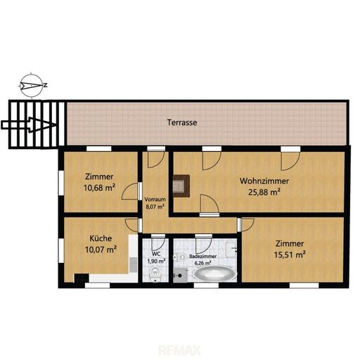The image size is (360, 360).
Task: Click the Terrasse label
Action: [182, 122]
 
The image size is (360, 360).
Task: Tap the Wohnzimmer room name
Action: [264, 181]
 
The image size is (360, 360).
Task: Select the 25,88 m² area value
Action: [264, 192]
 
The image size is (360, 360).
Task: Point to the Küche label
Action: [101, 238]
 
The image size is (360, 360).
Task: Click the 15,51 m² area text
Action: [290, 255]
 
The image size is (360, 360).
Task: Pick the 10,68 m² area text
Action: [99, 188]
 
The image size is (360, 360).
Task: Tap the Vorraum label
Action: [155, 200]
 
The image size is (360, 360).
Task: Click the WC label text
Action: [156, 254]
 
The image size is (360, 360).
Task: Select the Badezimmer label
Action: [203, 257]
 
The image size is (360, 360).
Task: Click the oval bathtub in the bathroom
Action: [214, 274]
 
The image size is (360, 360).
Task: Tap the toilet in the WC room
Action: [155, 274]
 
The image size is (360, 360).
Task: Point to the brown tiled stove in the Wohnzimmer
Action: [181, 186]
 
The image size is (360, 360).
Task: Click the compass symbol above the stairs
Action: [31, 85]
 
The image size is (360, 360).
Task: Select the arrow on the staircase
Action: [29, 125]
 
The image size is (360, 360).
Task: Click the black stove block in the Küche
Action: [82, 278]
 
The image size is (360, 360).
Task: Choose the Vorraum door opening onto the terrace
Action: [156, 160]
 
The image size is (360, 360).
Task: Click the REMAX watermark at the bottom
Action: [180, 351]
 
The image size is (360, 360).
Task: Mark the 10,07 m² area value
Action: [101, 250]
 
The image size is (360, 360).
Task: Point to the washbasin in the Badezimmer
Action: [231, 250]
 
